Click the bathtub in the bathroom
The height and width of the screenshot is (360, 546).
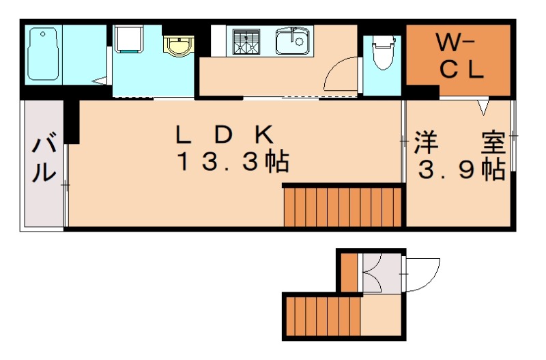tap(42, 55)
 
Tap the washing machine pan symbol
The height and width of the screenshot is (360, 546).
tap(128, 39)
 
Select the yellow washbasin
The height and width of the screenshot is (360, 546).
tap(178, 46)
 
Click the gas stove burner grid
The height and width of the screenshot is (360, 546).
tap(246, 42)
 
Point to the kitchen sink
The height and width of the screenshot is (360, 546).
tap(293, 42)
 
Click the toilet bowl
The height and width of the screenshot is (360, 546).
tap(383, 53)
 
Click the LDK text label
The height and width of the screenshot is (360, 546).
tap(225, 135)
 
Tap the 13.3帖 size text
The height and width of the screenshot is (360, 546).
tap(233, 161)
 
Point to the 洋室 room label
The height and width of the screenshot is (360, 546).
tap(459, 143)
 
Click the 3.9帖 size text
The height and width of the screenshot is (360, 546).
tap(462, 169)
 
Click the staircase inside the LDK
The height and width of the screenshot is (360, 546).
tap(343, 206)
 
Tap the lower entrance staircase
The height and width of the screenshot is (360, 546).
tap(322, 316)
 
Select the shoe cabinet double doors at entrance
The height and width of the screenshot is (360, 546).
tap(373, 273)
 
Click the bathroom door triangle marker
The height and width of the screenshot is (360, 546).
tap(100, 81)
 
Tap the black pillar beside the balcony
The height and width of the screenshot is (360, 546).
tap(72, 122)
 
